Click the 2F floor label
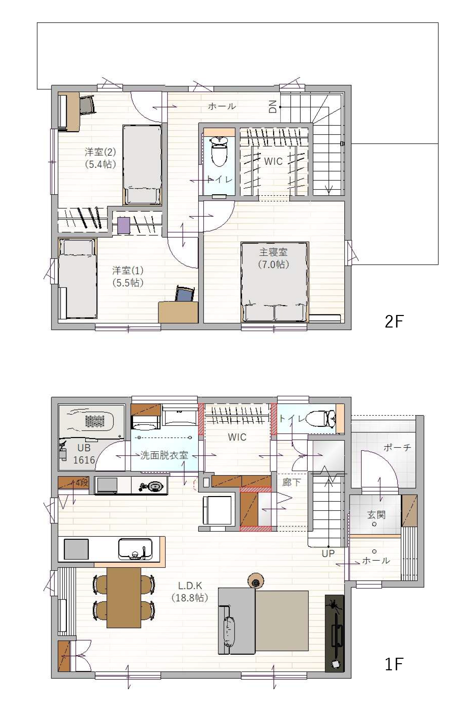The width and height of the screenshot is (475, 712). click(394, 321)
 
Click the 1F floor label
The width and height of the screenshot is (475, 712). click(394, 664)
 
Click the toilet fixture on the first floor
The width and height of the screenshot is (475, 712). click(321, 418)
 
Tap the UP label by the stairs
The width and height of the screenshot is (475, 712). click(328, 554)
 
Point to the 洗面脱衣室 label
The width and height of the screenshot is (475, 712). click(164, 455)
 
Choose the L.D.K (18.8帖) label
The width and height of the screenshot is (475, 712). click(190, 592)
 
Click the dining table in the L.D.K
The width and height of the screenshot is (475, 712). click(124, 598)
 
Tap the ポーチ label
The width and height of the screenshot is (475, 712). click(397, 448)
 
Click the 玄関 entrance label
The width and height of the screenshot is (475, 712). click(376, 515)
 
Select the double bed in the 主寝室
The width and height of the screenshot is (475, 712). click(274, 282)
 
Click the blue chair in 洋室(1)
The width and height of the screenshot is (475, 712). click(185, 294)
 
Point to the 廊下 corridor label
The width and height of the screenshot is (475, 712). click(291, 482)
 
